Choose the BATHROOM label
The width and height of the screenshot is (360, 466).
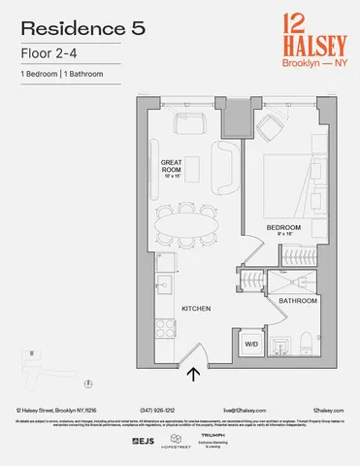coord(296,301)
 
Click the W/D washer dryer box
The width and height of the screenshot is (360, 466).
coord(250,344)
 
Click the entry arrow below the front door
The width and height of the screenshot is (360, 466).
coord(193,370)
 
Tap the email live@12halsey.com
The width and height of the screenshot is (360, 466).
coord(242,412)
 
